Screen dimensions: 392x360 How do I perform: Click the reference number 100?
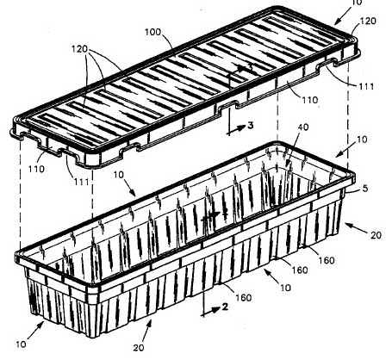(153, 32)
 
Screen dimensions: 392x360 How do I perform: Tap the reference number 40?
(303, 127)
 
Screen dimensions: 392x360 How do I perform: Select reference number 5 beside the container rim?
(365, 189)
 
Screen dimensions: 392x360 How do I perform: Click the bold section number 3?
(251, 126)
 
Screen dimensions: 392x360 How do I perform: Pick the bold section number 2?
(225, 307)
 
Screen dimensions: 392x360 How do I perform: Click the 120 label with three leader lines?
(79, 49)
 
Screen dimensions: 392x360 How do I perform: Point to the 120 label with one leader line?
(368, 21)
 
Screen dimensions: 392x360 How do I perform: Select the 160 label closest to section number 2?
(244, 298)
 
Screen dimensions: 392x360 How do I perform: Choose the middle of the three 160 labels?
(300, 270)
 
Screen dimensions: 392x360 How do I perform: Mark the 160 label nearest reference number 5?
(327, 260)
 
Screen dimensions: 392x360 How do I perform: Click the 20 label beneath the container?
(139, 348)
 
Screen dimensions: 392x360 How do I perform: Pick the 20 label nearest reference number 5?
(376, 235)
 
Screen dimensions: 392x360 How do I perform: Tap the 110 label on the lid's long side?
(310, 100)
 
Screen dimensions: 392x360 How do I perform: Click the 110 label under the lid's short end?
(36, 169)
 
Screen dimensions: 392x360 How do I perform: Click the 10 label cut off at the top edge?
(357, 3)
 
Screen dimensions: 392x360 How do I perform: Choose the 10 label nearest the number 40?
(362, 140)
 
